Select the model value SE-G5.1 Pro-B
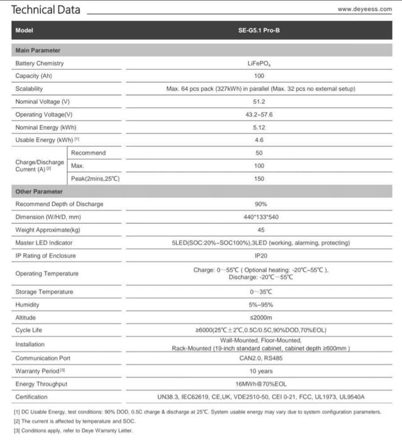point(259,30)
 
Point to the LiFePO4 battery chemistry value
point(259,64)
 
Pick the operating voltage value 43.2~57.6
point(259,115)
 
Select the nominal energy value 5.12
point(259,127)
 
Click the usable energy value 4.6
point(259,140)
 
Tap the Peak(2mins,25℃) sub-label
point(95,179)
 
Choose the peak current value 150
point(259,179)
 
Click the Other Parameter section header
point(39,191)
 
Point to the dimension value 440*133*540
point(259,217)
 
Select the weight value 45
point(259,230)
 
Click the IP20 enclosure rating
point(259,256)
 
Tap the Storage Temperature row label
point(44,292)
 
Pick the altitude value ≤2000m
point(259,318)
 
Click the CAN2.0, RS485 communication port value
point(259,359)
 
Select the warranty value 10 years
point(259,371)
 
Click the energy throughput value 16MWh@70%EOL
point(259,384)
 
